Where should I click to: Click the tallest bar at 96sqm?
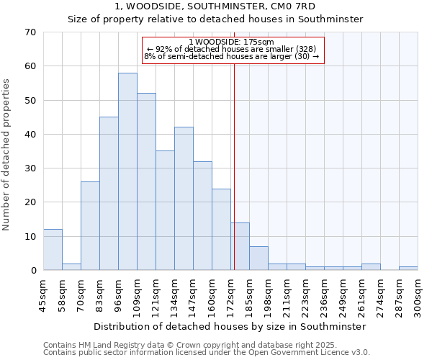127,171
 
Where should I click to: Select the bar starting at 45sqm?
53,250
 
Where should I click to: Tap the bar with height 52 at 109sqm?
146,181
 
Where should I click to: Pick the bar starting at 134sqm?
184,199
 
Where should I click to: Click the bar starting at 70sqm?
90,226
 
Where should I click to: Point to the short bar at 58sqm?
71,266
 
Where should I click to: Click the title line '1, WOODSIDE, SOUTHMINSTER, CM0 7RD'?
215,6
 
